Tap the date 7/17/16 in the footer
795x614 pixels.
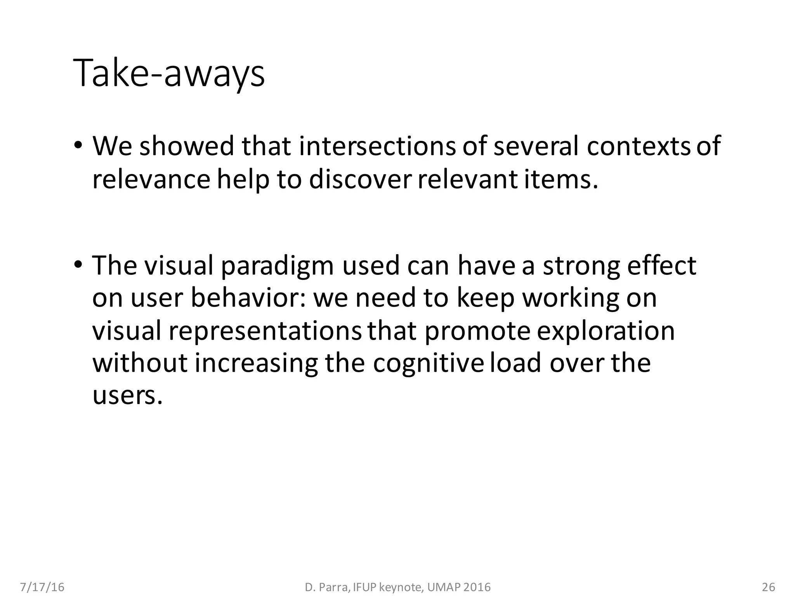point(42,587)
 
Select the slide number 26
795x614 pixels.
point(769,587)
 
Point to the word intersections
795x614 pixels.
point(377,146)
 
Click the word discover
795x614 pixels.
point(359,180)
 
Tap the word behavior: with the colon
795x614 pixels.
point(248,298)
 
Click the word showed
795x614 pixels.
point(187,146)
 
